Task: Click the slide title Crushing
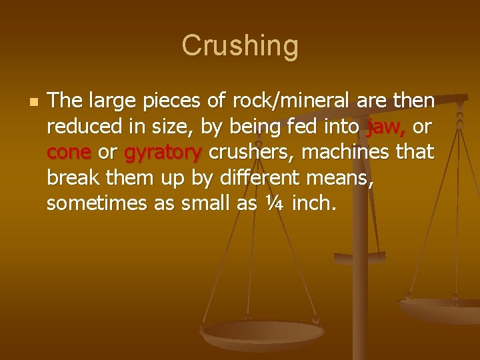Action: coord(240,46)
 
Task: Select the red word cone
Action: coord(69,153)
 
